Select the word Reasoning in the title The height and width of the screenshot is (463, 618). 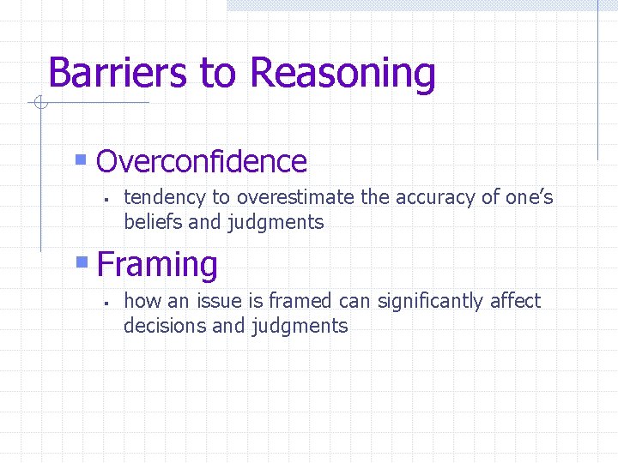pos(342,74)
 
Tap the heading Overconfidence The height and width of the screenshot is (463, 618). pos(202,161)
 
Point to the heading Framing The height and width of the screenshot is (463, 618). pos(157,264)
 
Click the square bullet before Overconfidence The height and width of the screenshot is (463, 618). pos(81,159)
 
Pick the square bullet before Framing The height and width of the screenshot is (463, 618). pos(82,262)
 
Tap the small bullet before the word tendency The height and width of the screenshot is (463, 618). pos(102,200)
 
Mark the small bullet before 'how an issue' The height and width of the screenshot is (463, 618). pos(102,304)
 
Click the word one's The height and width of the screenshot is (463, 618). pos(529,198)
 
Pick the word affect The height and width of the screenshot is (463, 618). pos(515,301)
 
